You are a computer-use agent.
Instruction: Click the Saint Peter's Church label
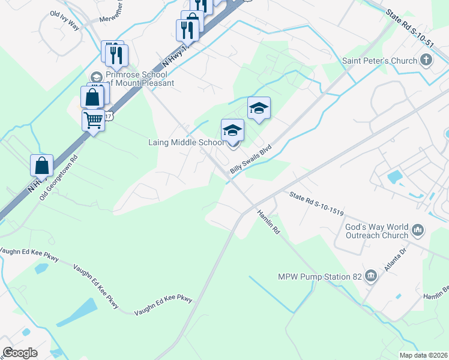(379, 61)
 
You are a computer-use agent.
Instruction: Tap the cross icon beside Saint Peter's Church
(426, 59)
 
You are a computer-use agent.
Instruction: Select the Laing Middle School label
(186, 143)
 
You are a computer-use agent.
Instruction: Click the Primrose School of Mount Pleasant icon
(96, 77)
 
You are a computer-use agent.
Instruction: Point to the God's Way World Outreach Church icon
(418, 229)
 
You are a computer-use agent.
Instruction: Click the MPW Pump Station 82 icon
(372, 276)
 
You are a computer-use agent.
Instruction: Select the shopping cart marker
(94, 120)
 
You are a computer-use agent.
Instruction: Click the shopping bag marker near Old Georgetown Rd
(41, 165)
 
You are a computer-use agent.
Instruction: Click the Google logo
(20, 353)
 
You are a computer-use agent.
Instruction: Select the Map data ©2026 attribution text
(423, 355)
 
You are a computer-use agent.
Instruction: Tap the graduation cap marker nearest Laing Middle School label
(233, 130)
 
